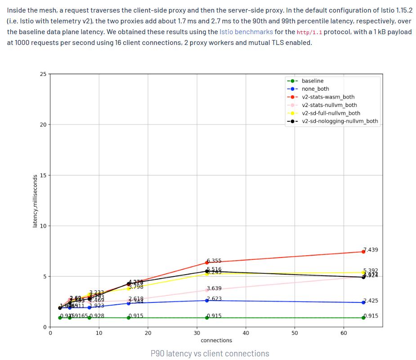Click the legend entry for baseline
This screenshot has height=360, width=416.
tap(312, 81)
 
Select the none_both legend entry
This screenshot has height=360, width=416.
tap(315, 89)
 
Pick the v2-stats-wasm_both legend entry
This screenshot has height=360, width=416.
tap(328, 97)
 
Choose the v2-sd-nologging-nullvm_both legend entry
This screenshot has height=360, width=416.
tap(340, 121)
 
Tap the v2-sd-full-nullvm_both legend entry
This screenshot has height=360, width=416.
tap(331, 113)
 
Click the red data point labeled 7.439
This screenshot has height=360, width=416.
tap(363, 252)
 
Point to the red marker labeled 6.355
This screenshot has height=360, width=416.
tap(207, 262)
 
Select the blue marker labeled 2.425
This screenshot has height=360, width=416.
tap(363, 302)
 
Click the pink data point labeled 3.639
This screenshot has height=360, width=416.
tap(207, 290)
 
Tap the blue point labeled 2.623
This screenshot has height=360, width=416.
tap(207, 300)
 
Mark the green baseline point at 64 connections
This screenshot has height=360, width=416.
tap(363, 318)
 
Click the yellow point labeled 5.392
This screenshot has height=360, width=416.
tap(363, 272)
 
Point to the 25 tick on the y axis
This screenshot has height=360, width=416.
tap(42, 74)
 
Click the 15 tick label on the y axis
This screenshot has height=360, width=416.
tap(42, 175)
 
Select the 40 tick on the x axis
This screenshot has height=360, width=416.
tap(246, 333)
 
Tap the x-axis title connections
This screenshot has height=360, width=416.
tap(216, 341)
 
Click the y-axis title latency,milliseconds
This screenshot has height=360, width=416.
tap(35, 200)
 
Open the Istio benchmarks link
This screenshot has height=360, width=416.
tap(246, 32)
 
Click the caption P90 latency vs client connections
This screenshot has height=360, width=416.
tap(210, 353)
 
